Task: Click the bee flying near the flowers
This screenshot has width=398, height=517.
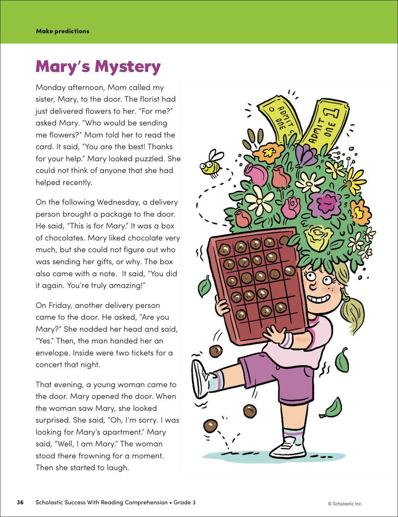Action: coord(211,163)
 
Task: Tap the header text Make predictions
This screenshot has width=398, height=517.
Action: coord(62,31)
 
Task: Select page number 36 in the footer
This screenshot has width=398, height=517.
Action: coord(20,502)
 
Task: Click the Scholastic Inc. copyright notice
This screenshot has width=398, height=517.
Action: coord(345,503)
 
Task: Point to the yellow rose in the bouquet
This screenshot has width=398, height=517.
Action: coord(318,238)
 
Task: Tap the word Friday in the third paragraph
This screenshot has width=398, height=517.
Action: coord(59,305)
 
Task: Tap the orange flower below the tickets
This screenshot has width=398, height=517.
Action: coord(269,152)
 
